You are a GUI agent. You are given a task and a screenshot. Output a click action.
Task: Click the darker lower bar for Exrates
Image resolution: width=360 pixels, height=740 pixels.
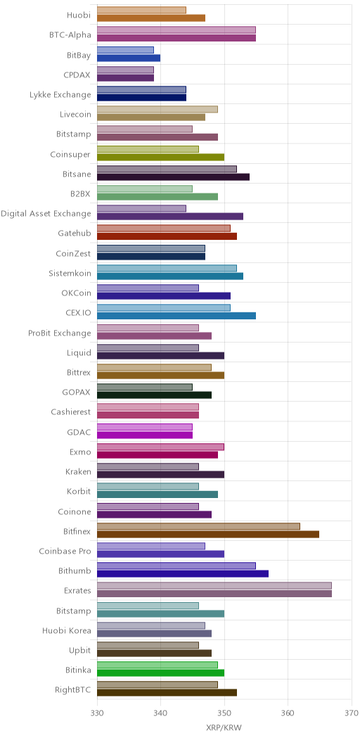click(x=214, y=593)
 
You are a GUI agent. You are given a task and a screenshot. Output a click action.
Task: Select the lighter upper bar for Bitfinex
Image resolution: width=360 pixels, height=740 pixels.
click(x=199, y=526)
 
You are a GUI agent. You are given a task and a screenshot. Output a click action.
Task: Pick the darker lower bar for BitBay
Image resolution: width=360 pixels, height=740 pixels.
click(x=129, y=58)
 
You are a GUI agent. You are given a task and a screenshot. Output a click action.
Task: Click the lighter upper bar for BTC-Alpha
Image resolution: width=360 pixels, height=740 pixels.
click(x=176, y=30)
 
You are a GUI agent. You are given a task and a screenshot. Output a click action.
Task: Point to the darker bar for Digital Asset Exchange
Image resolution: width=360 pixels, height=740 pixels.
click(x=170, y=217)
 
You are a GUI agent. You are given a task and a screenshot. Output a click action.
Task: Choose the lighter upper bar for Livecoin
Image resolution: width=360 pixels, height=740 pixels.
click(x=157, y=110)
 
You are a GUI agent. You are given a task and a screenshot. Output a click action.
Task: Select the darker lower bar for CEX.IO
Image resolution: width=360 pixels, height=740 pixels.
click(x=176, y=316)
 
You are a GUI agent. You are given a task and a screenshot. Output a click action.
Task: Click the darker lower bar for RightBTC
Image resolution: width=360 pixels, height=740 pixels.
click(x=167, y=692)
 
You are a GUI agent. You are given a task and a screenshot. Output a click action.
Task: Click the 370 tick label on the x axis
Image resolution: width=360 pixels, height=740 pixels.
click(x=352, y=712)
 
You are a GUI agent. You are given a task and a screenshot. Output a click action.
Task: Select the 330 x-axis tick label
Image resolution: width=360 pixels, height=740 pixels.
click(x=97, y=712)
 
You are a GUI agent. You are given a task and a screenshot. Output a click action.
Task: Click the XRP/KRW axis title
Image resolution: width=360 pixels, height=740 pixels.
click(x=224, y=728)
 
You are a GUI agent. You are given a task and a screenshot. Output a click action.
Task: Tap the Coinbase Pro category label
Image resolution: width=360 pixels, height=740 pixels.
click(x=65, y=550)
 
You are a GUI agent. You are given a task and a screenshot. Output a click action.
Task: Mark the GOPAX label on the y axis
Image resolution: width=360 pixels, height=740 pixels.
click(x=77, y=391)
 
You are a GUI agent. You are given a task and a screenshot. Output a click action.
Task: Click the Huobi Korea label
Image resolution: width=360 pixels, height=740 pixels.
click(x=67, y=629)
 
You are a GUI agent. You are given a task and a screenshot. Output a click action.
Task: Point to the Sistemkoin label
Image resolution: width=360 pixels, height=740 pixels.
click(x=70, y=273)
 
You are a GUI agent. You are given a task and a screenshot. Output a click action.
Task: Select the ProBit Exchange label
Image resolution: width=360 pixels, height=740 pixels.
click(x=60, y=333)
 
